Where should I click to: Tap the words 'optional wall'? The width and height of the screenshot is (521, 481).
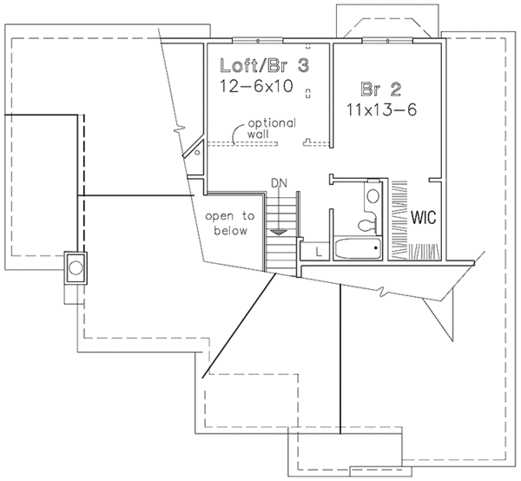click(262, 129)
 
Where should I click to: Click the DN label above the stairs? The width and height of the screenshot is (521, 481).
click(279, 183)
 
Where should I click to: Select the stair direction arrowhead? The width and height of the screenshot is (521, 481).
click(278, 233)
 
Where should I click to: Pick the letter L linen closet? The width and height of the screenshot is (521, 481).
click(319, 252)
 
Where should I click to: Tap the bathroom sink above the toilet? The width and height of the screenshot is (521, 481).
click(373, 194)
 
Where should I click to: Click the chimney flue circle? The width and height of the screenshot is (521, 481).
click(76, 267)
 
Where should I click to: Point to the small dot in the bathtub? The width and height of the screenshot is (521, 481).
click(375, 250)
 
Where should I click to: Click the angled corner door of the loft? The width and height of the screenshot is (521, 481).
click(193, 151)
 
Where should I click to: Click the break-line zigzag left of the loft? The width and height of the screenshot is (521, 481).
click(180, 130)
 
